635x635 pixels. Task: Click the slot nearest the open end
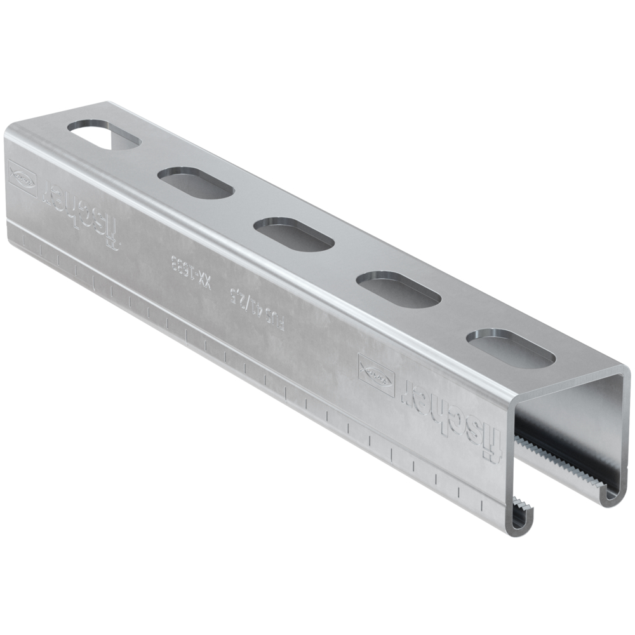511,348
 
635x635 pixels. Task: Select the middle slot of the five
294,234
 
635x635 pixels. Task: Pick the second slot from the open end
398,289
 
